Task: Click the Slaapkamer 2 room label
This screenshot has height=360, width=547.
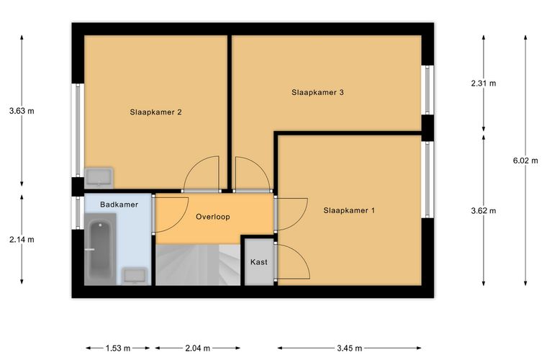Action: [x=155, y=112]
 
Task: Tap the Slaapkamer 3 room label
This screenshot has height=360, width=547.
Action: [x=318, y=92]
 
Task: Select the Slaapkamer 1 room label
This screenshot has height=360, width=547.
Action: [x=349, y=210]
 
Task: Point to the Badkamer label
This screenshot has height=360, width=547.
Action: [x=119, y=204]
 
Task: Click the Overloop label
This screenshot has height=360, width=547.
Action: [x=213, y=217]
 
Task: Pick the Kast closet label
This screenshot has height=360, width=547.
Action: [x=259, y=262]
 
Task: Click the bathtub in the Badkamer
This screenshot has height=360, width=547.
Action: [x=101, y=249]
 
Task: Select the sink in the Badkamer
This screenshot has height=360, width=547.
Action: [x=135, y=276]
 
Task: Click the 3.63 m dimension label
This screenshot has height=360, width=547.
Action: [x=22, y=112]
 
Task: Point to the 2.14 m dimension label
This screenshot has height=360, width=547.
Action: [x=22, y=240]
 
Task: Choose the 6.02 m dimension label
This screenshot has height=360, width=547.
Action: [x=525, y=161]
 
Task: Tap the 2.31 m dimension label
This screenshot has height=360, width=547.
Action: [x=484, y=84]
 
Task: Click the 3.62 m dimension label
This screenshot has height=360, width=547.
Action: [x=484, y=211]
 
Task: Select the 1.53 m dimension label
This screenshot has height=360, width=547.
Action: [x=118, y=348]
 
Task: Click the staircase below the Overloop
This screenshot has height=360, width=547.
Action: [x=198, y=265]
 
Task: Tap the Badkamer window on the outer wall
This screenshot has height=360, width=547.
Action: [x=78, y=213]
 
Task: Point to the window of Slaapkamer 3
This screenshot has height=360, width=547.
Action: [x=428, y=90]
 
